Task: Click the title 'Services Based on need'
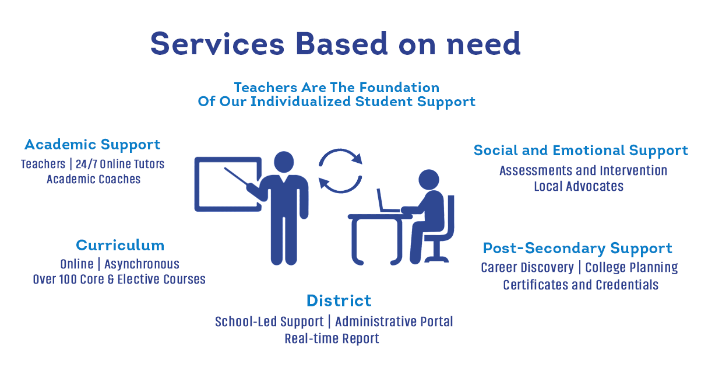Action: coord(335,44)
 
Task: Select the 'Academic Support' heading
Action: coord(92,145)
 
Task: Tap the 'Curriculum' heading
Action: coord(120,245)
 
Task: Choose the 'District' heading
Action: coord(339,300)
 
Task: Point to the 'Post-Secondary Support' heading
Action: coord(577,249)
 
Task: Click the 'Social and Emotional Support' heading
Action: coord(581,151)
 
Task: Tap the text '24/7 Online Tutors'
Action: coord(120,164)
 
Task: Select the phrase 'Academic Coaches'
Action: coord(94,179)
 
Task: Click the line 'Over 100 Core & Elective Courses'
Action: coord(119,279)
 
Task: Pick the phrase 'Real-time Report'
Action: coord(332,338)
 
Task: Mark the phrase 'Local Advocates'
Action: coord(579,187)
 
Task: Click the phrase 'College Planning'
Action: coord(632,268)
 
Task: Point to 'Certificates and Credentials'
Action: coord(580,285)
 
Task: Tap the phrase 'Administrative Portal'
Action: coord(394,321)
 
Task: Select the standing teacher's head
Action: coord(284,162)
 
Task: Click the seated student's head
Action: coord(429,180)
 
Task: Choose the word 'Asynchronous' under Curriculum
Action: coord(142,264)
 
